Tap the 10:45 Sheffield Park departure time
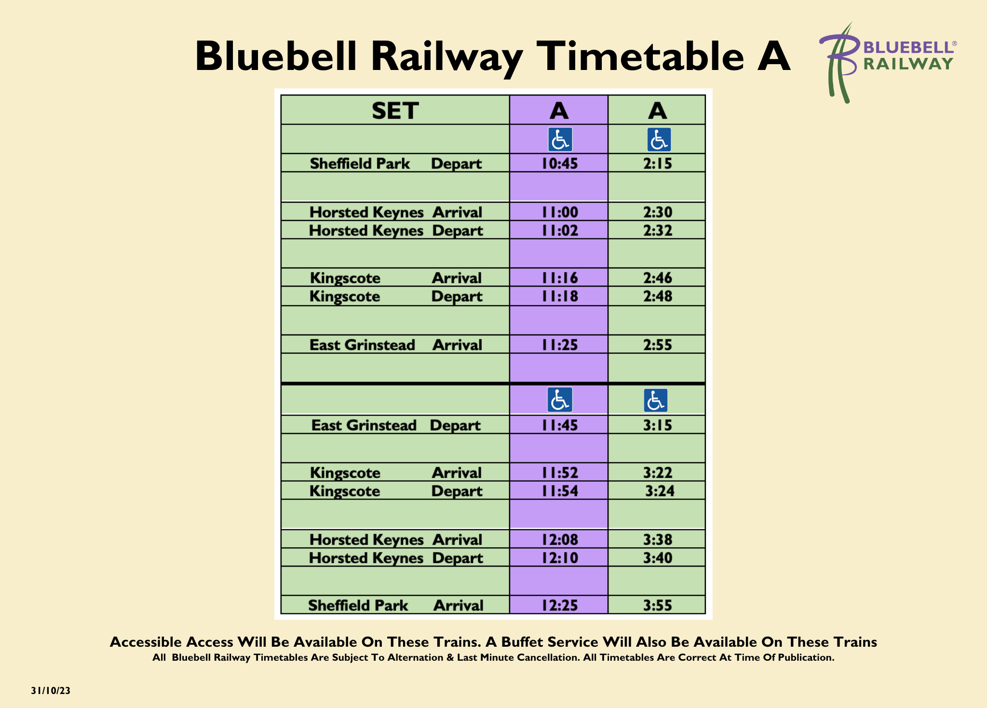(559, 164)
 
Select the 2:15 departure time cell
(657, 164)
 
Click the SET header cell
(395, 111)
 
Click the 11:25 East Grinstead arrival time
(559, 345)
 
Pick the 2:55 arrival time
(657, 345)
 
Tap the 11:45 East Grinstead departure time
(559, 425)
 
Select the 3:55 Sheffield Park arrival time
(657, 605)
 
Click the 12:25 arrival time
(559, 605)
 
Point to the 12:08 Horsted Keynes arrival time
(559, 540)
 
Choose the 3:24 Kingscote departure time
(660, 491)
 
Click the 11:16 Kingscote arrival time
(559, 278)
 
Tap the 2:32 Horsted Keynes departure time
(657, 231)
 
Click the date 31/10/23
(51, 691)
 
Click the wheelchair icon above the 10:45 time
(560, 139)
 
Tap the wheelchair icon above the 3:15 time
(656, 401)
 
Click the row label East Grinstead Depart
(395, 425)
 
